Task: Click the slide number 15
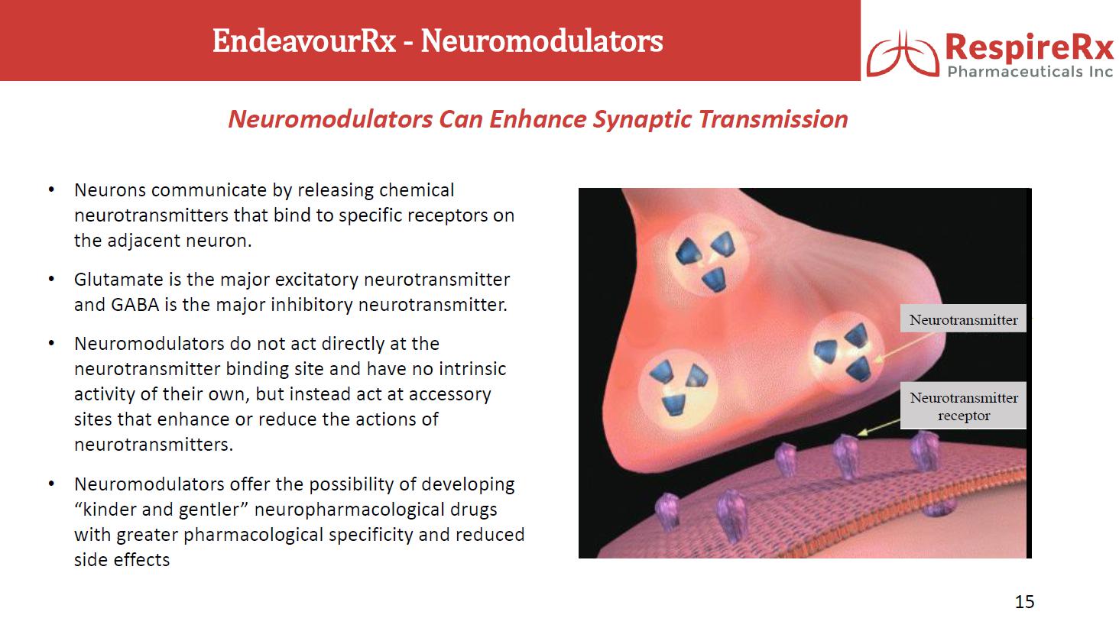[1024, 601]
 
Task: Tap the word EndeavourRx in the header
[304, 40]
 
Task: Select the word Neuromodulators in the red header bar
[542, 40]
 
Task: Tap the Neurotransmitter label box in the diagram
[963, 319]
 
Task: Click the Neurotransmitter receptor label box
[963, 406]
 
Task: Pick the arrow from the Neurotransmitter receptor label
[879, 427]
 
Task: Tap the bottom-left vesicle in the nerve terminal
[678, 388]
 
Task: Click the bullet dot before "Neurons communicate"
[51, 189]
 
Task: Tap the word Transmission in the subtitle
[774, 120]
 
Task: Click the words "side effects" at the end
[122, 559]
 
